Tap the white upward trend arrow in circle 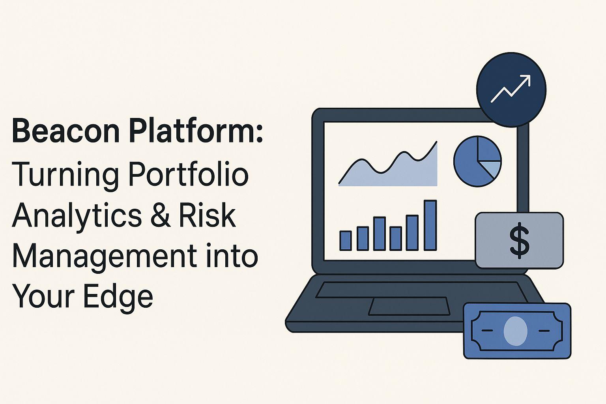click(511, 89)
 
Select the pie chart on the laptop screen click(477, 161)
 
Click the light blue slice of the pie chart click(492, 168)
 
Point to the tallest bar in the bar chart click(430, 225)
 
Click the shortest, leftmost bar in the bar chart click(346, 241)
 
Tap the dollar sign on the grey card click(519, 241)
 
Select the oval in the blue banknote click(515, 331)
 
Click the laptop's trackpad click(409, 306)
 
